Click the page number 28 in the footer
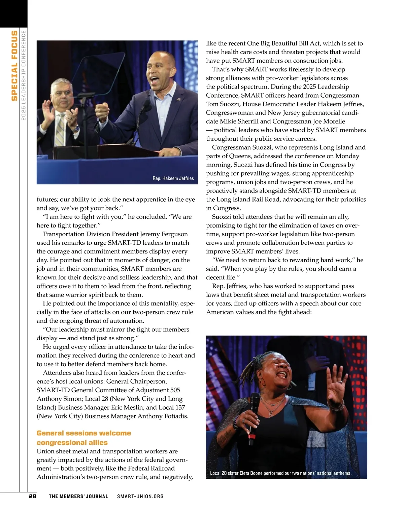32,496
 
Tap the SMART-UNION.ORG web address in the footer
140,496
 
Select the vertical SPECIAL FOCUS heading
14,66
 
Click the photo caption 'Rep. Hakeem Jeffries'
173,178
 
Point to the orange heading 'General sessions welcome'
84,433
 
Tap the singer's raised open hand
336,383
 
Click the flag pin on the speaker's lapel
178,100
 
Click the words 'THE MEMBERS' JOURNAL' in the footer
78,496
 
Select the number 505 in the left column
175,390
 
